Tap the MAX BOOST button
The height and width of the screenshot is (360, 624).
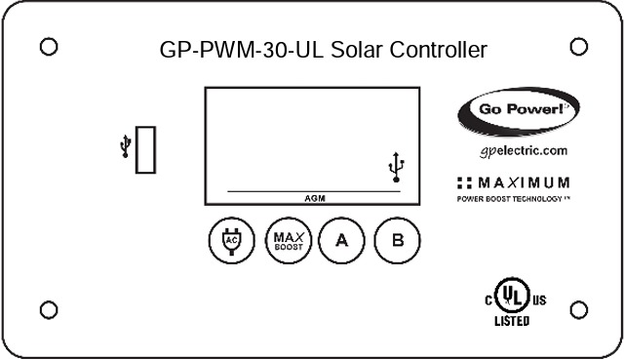(287, 240)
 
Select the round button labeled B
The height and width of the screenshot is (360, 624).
(396, 240)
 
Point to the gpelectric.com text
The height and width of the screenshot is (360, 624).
(524, 151)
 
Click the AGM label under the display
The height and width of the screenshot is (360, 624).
(314, 197)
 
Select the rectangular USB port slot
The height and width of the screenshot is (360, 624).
(146, 148)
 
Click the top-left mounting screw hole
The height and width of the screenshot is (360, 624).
(49, 46)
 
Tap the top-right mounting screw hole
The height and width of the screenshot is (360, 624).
(577, 46)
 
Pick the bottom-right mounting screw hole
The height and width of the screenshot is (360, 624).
(577, 310)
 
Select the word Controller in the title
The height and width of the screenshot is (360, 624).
(431, 50)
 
